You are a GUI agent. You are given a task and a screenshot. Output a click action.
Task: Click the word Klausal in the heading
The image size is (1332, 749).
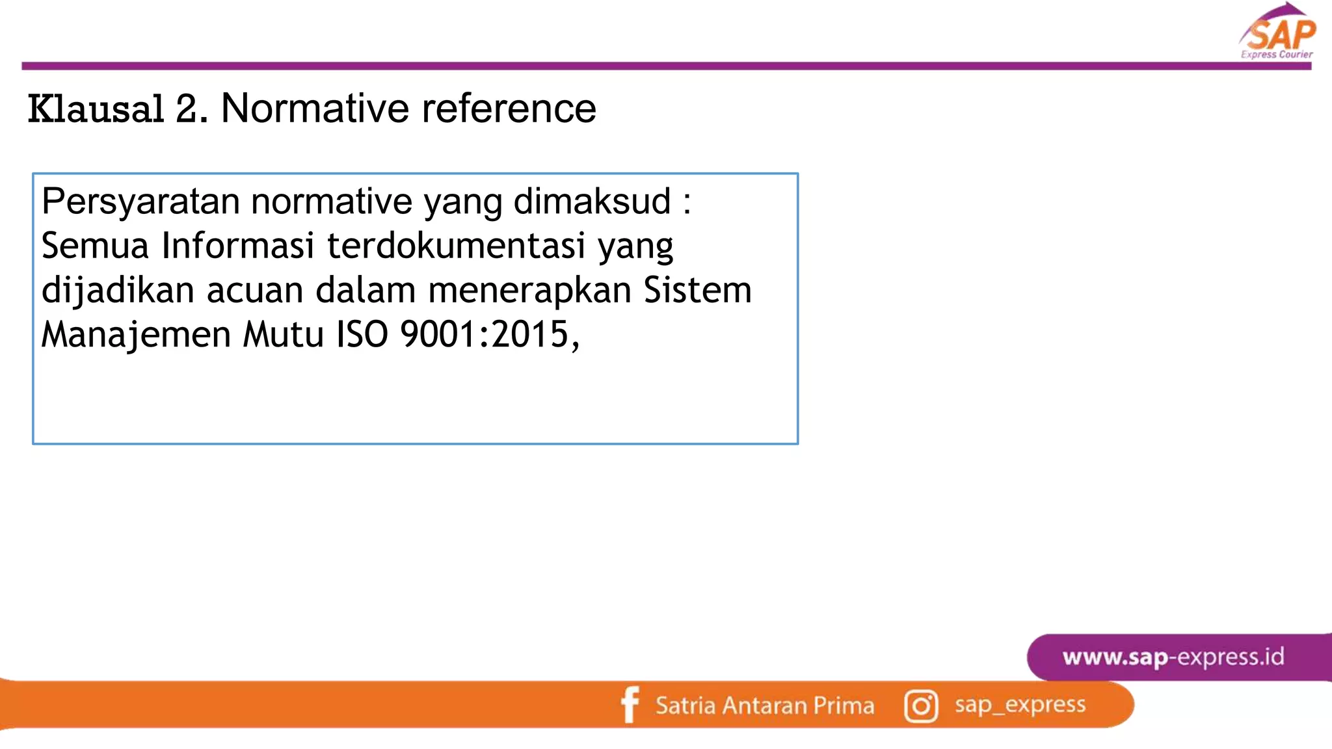[96, 109]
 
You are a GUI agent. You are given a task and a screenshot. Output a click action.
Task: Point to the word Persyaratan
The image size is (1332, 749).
[140, 202]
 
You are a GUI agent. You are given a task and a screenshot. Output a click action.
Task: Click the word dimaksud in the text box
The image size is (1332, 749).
[592, 202]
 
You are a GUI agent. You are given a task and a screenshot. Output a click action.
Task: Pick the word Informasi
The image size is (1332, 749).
[238, 246]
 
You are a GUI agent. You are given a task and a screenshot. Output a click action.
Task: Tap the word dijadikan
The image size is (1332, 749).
[118, 290]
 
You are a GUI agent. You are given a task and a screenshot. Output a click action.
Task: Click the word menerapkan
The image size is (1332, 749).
[529, 290]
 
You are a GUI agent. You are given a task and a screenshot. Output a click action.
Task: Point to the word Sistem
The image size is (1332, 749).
[697, 290]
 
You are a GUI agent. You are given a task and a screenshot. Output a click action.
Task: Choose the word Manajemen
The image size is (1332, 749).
[136, 334]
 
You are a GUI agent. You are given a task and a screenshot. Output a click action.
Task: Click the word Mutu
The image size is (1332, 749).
[283, 334]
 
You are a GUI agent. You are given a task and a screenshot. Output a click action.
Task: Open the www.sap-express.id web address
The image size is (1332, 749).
[1173, 657]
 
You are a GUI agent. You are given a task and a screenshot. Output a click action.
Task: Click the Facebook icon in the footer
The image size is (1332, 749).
[630, 705]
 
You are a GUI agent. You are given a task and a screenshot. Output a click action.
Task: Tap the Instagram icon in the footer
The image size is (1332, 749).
[921, 706]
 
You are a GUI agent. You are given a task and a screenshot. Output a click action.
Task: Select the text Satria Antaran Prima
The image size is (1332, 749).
[765, 706]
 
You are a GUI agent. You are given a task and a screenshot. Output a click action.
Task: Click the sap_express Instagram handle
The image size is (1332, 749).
[1020, 705]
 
